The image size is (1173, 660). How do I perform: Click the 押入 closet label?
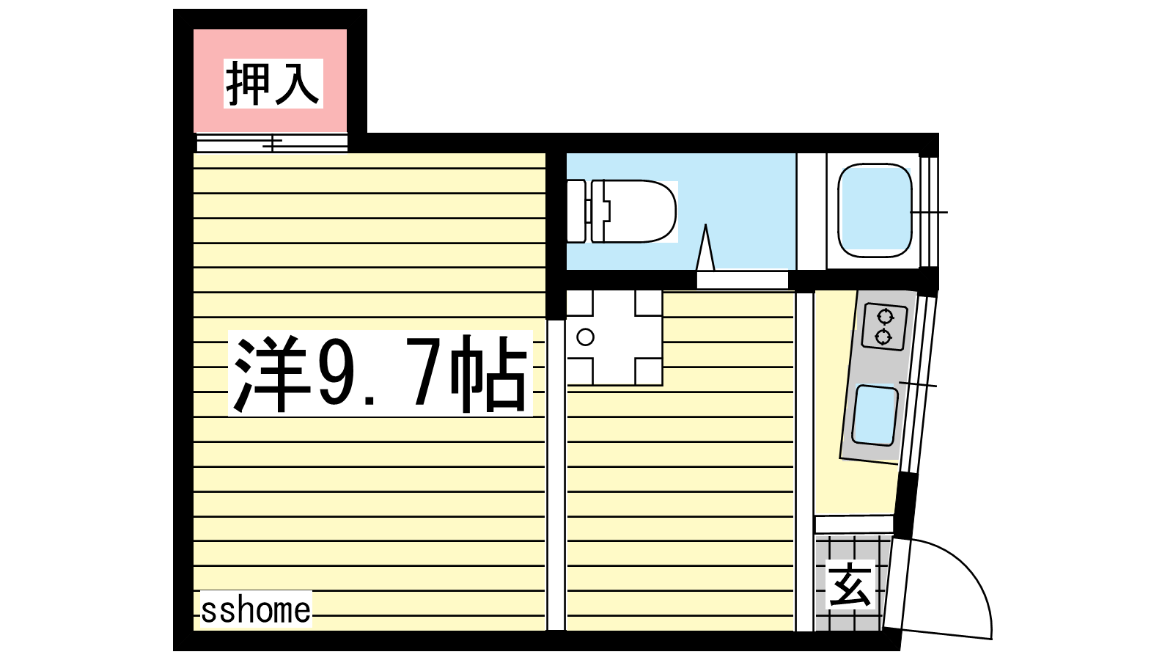pyautogui.click(x=273, y=84)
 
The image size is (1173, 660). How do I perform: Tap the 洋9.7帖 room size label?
pyautogui.click(x=380, y=373)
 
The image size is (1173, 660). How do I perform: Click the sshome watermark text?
pyautogui.click(x=256, y=610)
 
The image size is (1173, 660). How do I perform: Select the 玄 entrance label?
pyautogui.click(x=850, y=584)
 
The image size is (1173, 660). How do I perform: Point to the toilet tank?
pyautogui.click(x=576, y=211)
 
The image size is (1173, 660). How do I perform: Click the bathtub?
pyautogui.click(x=875, y=210)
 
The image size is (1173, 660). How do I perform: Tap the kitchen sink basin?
pyautogui.click(x=875, y=415)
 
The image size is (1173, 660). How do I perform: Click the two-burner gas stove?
pyautogui.click(x=885, y=326)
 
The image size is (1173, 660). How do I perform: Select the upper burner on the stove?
pyautogui.click(x=886, y=316)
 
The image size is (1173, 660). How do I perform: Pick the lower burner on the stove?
pyautogui.click(x=884, y=337)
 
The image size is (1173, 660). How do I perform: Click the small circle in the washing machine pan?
pyautogui.click(x=585, y=337)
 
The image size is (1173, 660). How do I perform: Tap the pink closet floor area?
pyautogui.click(x=271, y=81)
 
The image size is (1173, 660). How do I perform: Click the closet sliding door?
pyautogui.click(x=272, y=142)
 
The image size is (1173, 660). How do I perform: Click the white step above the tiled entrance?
pyautogui.click(x=854, y=524)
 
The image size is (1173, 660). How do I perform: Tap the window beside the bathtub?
pyautogui.click(x=929, y=212)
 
